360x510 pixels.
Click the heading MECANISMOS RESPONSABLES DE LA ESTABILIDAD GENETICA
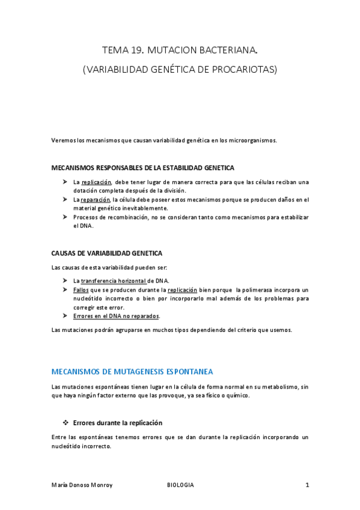[143, 168]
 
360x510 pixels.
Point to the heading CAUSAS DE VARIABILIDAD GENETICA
[107, 253]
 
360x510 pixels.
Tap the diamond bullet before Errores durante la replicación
[66, 423]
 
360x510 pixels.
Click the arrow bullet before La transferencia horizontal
[65, 281]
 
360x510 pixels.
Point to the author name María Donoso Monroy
[82, 485]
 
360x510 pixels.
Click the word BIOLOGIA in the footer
[180, 485]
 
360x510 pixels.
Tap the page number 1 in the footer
[307, 485]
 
